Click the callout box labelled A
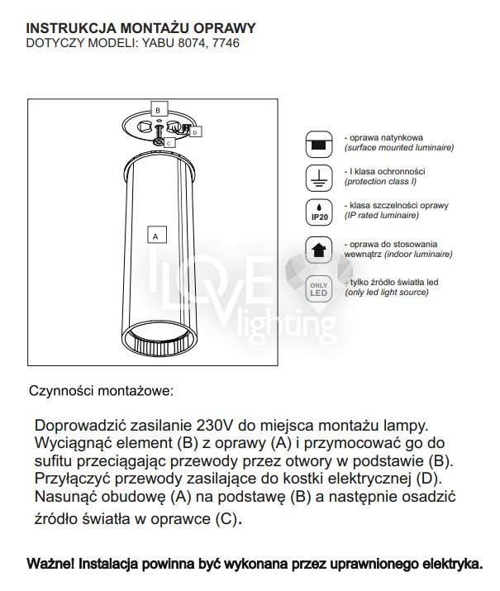pos(154,235)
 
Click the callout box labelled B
pos(160,108)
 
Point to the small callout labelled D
pos(196,131)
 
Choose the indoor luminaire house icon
pos(317,249)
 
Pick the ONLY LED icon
pos(317,288)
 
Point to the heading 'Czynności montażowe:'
pos(102,389)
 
